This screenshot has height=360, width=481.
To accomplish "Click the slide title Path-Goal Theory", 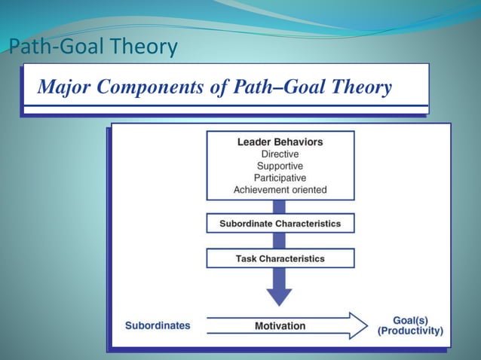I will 93,48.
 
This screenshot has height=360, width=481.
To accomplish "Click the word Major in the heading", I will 64,88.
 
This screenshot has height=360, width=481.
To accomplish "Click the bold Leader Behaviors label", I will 280,142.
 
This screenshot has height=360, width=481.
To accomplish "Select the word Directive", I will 280,154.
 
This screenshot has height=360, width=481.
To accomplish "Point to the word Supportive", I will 280,166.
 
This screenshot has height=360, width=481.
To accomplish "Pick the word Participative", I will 280,178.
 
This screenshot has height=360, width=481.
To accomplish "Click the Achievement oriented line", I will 280,190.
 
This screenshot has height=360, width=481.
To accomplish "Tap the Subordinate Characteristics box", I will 280,224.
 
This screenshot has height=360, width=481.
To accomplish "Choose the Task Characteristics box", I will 280,258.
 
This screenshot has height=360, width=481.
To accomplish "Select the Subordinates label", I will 158,326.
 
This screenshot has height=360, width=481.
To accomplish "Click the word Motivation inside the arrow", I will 279,326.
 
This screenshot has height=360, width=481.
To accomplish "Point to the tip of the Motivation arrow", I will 365,326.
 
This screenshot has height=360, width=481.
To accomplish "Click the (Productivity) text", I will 411,331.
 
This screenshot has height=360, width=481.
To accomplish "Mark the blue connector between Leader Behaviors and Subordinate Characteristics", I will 280,207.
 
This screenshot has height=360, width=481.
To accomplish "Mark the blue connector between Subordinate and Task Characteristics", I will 280,241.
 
